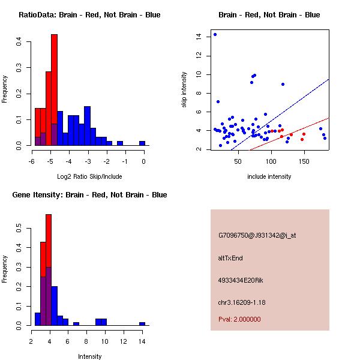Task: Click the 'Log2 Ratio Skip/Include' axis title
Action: [89, 176]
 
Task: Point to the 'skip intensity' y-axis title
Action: [184, 90]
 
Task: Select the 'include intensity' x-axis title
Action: [269, 176]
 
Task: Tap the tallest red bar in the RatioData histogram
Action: [54, 90]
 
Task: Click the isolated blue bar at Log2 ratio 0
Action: [142, 143]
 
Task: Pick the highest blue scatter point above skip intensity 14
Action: [215, 34]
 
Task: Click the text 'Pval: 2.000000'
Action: [239, 319]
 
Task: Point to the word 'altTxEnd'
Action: [230, 258]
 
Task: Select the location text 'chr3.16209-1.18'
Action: [242, 302]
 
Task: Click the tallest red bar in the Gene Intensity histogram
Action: [49, 270]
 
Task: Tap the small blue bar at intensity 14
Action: [142, 323]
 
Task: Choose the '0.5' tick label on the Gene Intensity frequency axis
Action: [20, 229]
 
